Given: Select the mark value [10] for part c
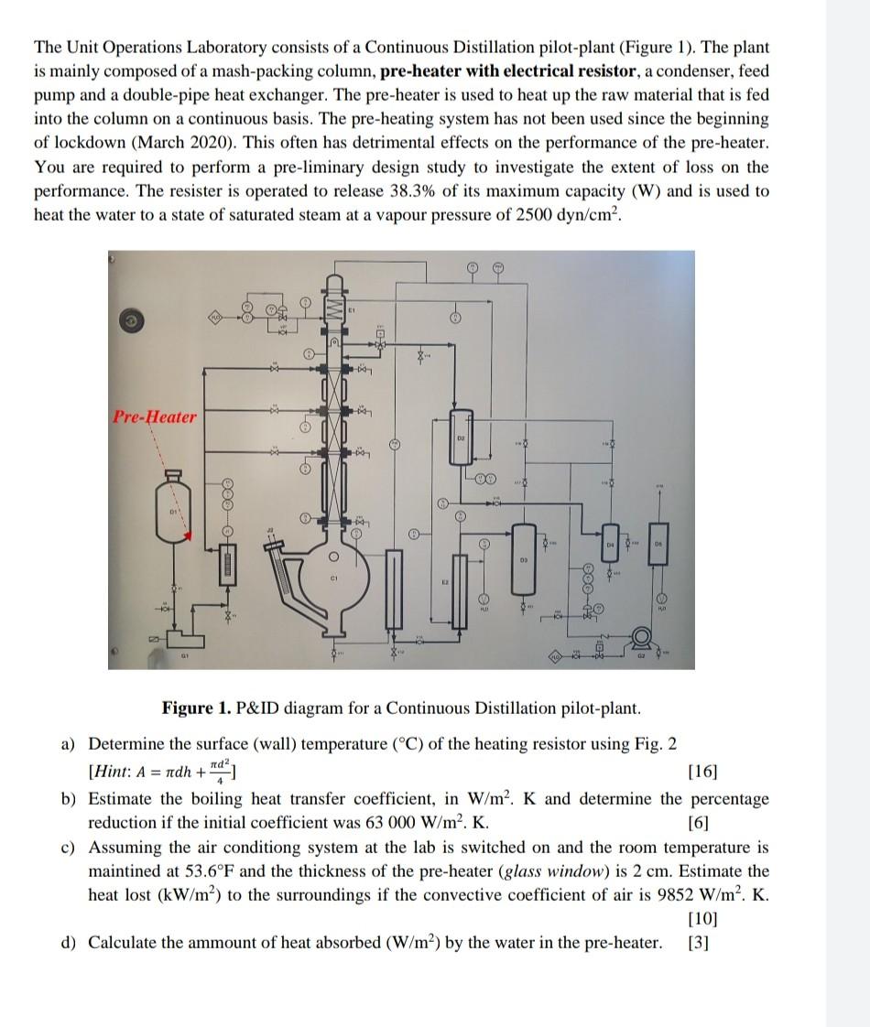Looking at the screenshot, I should point(755,918).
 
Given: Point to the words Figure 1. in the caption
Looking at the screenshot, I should point(195,708).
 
